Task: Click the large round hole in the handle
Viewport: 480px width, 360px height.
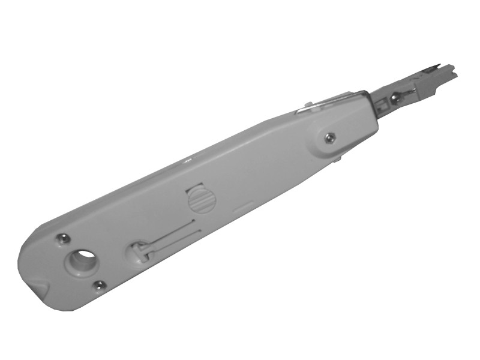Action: [x=83, y=261]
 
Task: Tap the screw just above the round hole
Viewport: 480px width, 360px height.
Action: [x=60, y=239]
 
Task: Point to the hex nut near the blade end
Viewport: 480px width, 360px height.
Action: [x=329, y=138]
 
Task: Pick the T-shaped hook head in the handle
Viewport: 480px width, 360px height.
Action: [x=139, y=250]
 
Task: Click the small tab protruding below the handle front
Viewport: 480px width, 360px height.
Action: [x=337, y=160]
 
